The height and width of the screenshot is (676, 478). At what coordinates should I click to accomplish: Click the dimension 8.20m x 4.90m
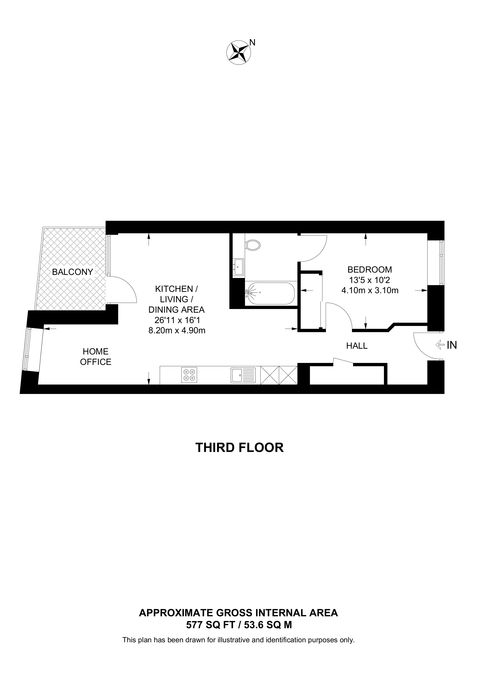(x=177, y=331)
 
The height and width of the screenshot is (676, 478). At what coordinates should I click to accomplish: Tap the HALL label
(x=357, y=346)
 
